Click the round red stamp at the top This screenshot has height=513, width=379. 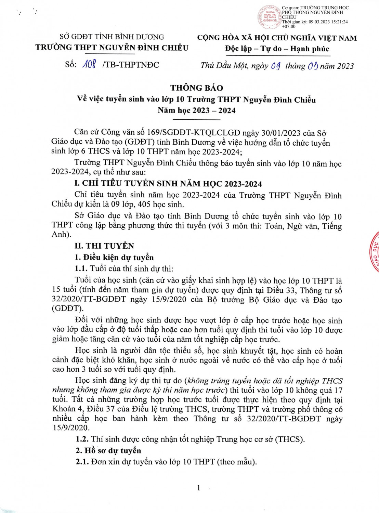coord(269,17)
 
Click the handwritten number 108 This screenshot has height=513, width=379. coord(89,64)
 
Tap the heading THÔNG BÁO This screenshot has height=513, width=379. coord(197,88)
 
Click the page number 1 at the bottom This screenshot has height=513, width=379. coord(198,488)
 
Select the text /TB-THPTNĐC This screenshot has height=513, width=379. coord(131,65)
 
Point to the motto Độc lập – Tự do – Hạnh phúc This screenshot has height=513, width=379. coord(277,49)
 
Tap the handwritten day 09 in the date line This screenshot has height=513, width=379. coord(276,66)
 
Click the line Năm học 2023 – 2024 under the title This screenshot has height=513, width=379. coord(197,110)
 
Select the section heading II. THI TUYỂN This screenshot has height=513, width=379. coord(104,246)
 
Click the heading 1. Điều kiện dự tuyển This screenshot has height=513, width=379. coord(114,257)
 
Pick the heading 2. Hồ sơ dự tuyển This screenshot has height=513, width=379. coord(108,450)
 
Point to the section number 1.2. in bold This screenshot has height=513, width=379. coord(82,439)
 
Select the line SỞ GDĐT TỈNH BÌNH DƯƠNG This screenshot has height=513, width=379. coord(112,37)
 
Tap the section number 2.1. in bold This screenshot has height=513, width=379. coord(82,462)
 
